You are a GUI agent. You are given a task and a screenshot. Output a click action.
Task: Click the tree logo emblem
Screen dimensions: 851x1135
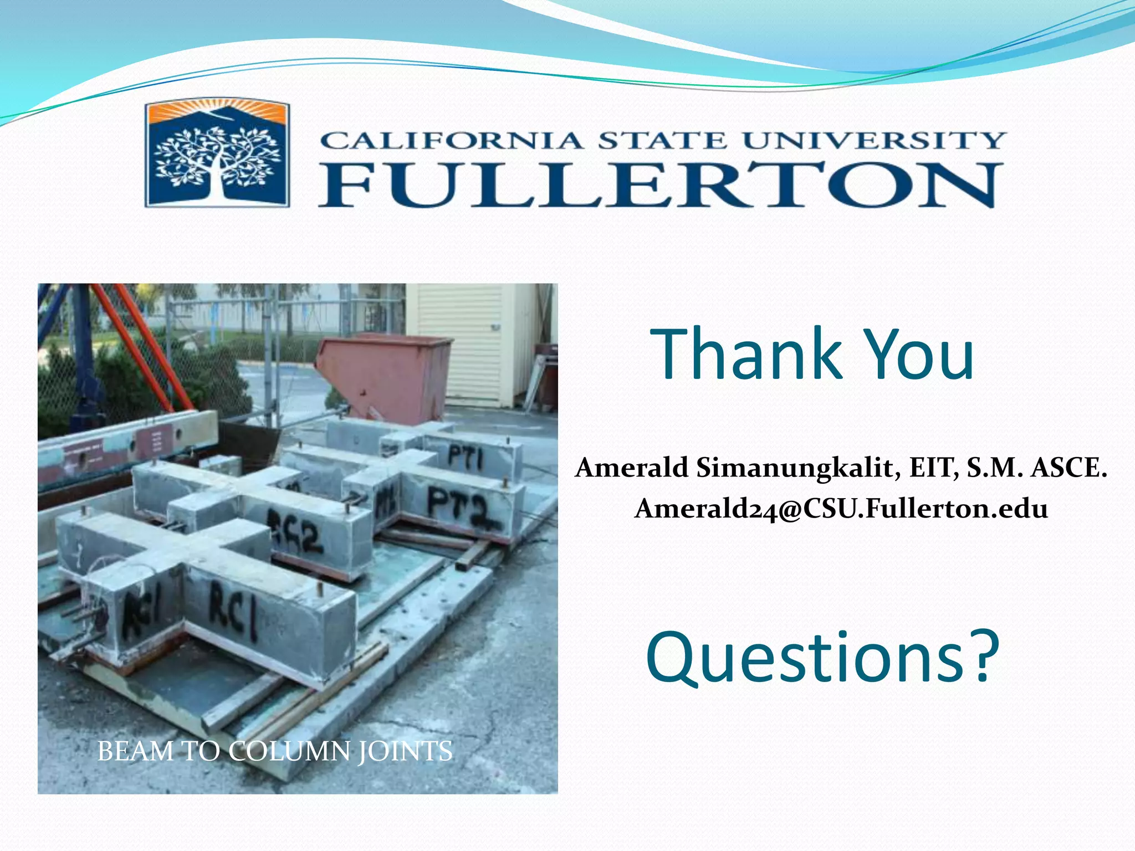coord(217,155)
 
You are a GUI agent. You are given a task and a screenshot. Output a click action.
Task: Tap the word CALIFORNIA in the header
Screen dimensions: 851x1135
coord(451,141)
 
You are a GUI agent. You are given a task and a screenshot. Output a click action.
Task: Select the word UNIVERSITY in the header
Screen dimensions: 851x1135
coord(874,141)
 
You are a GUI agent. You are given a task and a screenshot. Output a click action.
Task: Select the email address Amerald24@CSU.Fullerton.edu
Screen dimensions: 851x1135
coord(841,509)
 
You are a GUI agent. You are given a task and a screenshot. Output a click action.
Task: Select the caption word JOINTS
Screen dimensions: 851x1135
coord(405,752)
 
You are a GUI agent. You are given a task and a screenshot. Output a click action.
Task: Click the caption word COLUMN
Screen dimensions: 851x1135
coord(289,752)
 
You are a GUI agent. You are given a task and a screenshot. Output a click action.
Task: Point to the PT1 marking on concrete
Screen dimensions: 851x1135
coord(466,458)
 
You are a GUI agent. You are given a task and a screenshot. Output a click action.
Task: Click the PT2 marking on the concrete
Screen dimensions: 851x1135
coord(458,506)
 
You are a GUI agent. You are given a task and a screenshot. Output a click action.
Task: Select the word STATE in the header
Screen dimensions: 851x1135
coord(662,141)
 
